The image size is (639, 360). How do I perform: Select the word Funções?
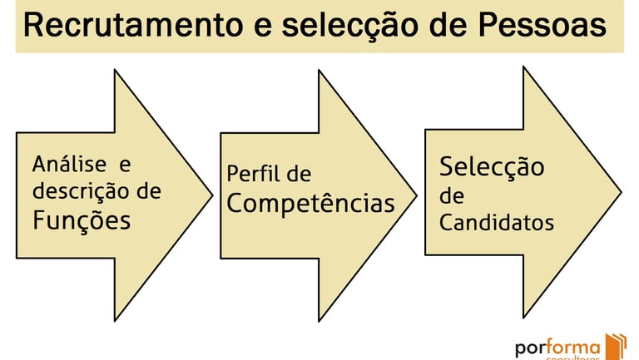click(x=82, y=220)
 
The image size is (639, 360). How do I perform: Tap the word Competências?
click(x=310, y=203)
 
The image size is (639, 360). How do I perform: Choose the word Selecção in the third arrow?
click(x=492, y=166)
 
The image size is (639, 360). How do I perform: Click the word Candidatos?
click(x=497, y=223)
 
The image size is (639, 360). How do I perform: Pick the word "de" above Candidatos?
click(x=452, y=197)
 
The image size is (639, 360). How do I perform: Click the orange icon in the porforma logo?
click(x=616, y=346)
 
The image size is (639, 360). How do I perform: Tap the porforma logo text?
click(x=557, y=348)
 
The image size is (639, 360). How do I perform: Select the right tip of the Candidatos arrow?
click(x=621, y=193)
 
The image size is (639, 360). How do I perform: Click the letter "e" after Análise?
click(x=126, y=164)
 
